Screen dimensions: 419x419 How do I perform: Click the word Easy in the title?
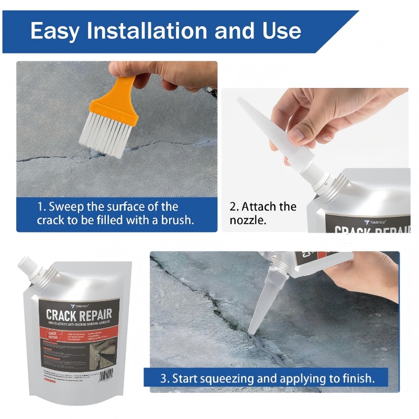55,31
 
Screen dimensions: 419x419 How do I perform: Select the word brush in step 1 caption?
176,220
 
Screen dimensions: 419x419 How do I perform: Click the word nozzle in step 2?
248,220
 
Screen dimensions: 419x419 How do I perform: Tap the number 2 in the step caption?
233,206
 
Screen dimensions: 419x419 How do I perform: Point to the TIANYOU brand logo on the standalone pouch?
79,304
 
